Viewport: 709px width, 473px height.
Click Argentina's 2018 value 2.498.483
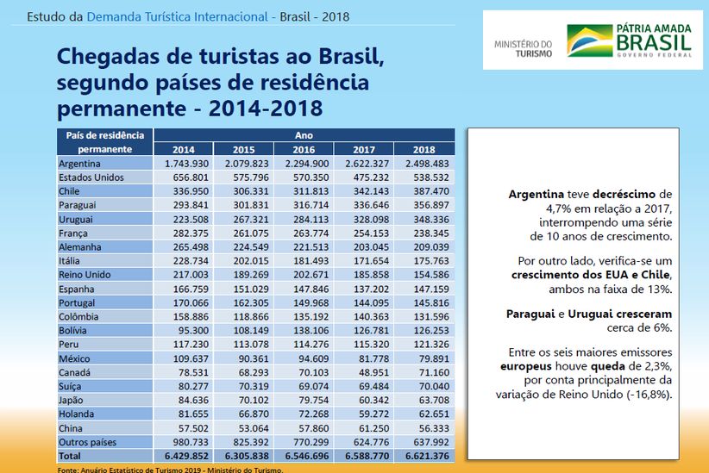(x=424, y=164)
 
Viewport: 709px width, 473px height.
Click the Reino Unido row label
(x=84, y=275)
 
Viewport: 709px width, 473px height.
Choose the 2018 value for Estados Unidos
(x=424, y=177)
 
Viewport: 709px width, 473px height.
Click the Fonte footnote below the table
(x=170, y=470)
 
